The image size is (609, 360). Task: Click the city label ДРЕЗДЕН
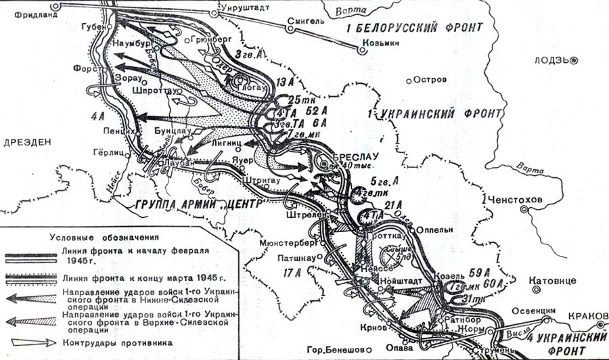pyautogui.click(x=26, y=143)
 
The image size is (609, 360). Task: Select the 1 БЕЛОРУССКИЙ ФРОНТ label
pyautogui.click(x=414, y=28)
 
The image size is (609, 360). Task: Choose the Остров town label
pyautogui.click(x=430, y=80)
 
